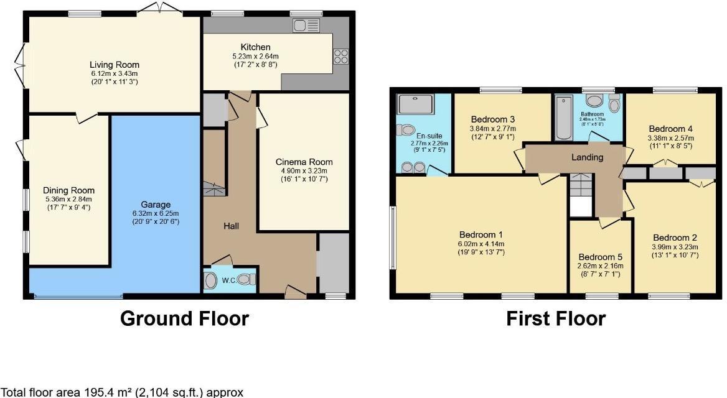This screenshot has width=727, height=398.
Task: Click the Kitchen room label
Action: click(255, 47)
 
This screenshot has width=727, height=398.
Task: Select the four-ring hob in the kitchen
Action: click(341, 57)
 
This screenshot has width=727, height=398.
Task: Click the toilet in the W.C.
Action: click(246, 280)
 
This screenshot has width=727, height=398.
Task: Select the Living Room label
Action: click(114, 65)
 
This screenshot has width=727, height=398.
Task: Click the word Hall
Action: click(232, 226)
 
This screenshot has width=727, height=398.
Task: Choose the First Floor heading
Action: click(555, 318)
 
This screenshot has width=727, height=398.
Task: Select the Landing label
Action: click(587, 157)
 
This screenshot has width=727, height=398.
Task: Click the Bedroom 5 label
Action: click(601, 257)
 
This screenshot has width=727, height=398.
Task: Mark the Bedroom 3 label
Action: click(492, 119)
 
